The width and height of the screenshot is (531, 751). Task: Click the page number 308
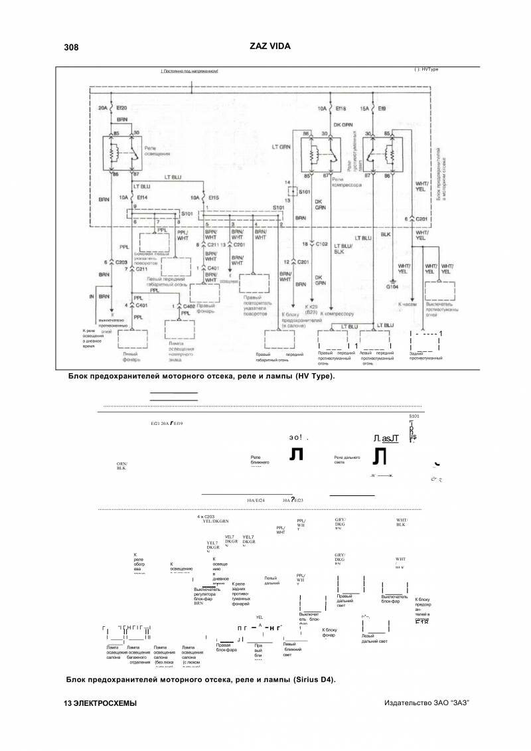[x=71, y=47]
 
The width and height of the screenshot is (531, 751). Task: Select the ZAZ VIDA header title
[x=269, y=46]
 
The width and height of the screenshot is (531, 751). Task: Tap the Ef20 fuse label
[x=122, y=107]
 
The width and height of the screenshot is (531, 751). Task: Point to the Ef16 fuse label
[x=342, y=107]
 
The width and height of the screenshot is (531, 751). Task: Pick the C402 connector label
[x=189, y=305]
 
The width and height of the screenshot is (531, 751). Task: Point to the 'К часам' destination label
[x=406, y=303]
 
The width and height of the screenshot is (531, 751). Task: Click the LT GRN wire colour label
[x=281, y=146]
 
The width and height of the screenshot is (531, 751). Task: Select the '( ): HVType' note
[x=426, y=69]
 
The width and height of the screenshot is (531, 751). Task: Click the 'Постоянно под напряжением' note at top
[x=190, y=70]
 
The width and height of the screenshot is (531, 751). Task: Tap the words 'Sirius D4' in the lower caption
[x=313, y=679]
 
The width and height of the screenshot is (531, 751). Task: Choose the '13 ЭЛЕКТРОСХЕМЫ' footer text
[x=100, y=703]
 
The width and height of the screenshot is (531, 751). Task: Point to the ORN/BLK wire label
[x=121, y=465]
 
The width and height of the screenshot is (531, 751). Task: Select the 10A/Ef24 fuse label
[x=256, y=500]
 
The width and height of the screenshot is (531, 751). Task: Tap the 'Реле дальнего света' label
[x=347, y=459]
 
